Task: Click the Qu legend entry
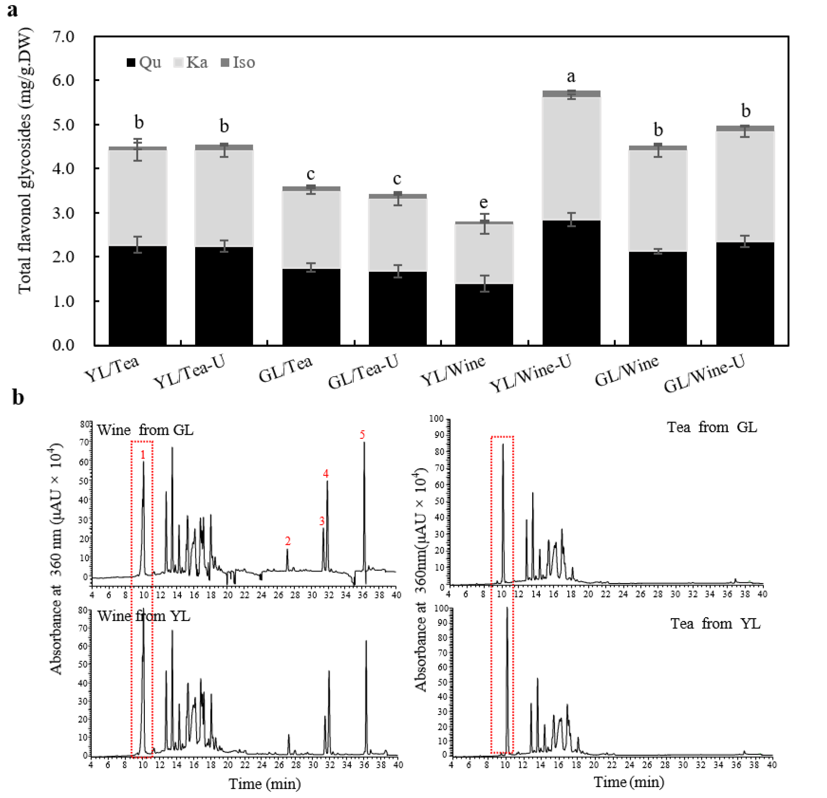144,62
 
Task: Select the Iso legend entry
239,62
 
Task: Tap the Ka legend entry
191,62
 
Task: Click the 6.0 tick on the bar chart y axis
63,80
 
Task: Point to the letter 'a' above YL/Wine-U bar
571,77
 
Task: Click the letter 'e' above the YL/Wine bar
484,203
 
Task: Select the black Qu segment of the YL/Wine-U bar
571,283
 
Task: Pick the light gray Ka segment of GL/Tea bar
311,230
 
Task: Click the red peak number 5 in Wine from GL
362,435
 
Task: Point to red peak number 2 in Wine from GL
288,541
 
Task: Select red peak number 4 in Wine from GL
326,474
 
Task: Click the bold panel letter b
18,397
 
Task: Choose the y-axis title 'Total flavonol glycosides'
24,160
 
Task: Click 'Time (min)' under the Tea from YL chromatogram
629,782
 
